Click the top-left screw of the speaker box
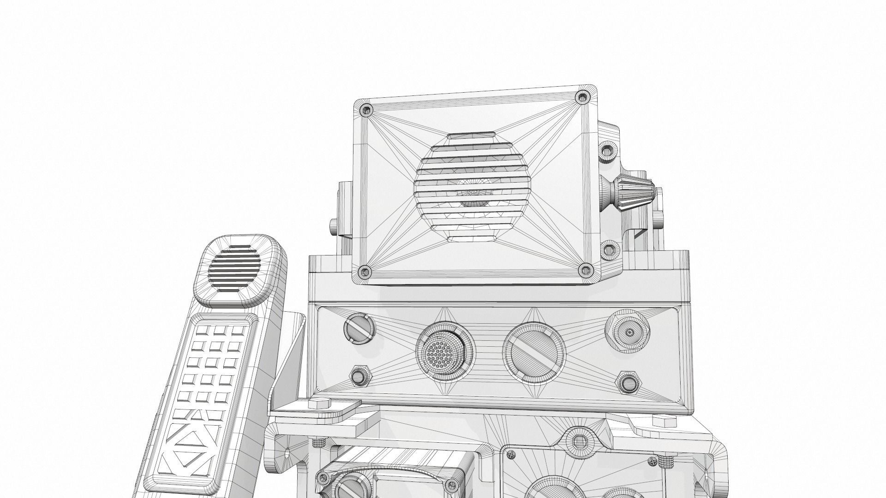(367, 110)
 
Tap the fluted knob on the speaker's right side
(630, 189)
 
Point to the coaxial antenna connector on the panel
(628, 332)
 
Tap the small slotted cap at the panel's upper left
(359, 328)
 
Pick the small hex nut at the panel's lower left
(359, 377)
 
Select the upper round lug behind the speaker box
(609, 151)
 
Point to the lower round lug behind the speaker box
(611, 249)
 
